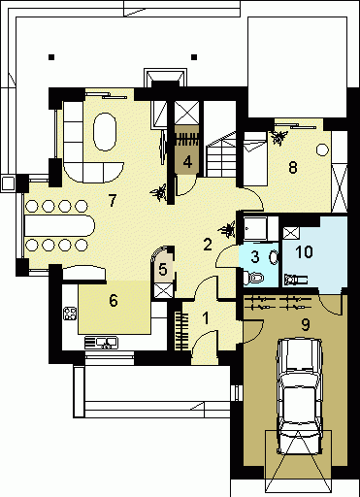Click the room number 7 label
click(112, 200)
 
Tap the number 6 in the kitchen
click(114, 301)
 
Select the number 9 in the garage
click(305, 325)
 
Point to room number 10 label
click(304, 251)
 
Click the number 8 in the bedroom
click(292, 168)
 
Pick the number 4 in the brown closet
click(187, 161)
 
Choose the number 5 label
click(163, 269)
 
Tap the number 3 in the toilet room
click(255, 256)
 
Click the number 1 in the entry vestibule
click(206, 318)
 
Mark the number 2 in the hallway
click(208, 245)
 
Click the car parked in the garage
click(300, 396)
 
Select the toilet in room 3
click(253, 278)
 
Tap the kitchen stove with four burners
click(70, 314)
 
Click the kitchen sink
click(101, 343)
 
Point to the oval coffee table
click(105, 132)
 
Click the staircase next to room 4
click(221, 154)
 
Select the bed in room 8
click(255, 158)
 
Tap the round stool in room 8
click(322, 149)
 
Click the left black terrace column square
click(51, 57)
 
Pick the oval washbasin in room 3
click(274, 257)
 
